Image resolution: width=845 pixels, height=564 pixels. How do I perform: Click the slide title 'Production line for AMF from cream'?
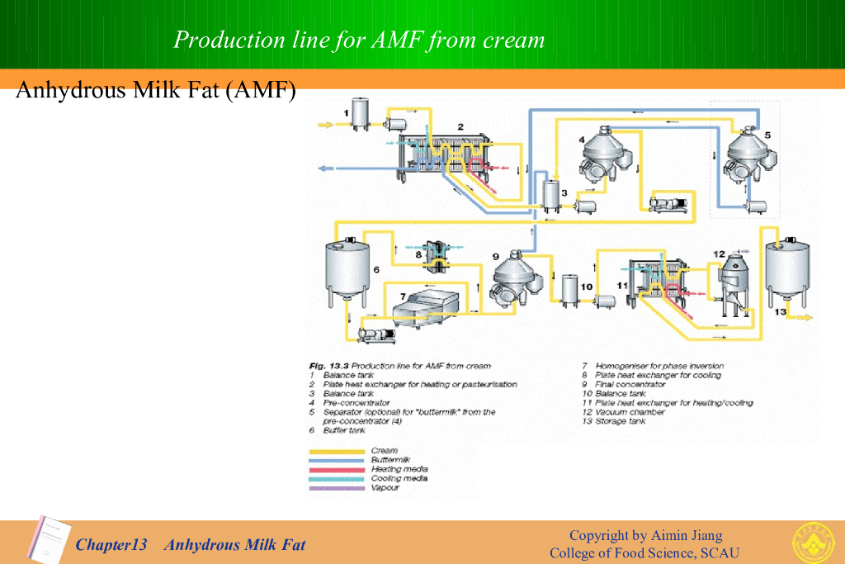coord(359,40)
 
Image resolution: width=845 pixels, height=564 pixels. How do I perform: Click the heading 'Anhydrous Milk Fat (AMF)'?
coord(155,89)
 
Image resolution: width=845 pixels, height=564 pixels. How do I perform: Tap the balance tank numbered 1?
coord(361,114)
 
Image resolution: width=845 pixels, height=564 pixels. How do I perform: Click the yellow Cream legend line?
coord(337,451)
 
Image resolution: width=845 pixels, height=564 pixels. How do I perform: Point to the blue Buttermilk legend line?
coord(337,460)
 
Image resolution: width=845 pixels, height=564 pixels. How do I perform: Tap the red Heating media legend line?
coord(337,469)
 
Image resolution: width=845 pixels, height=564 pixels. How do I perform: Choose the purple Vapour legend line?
coord(337,488)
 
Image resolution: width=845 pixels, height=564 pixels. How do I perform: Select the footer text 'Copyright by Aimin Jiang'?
coord(645,535)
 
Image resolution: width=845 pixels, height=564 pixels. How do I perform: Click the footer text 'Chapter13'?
coord(111,544)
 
